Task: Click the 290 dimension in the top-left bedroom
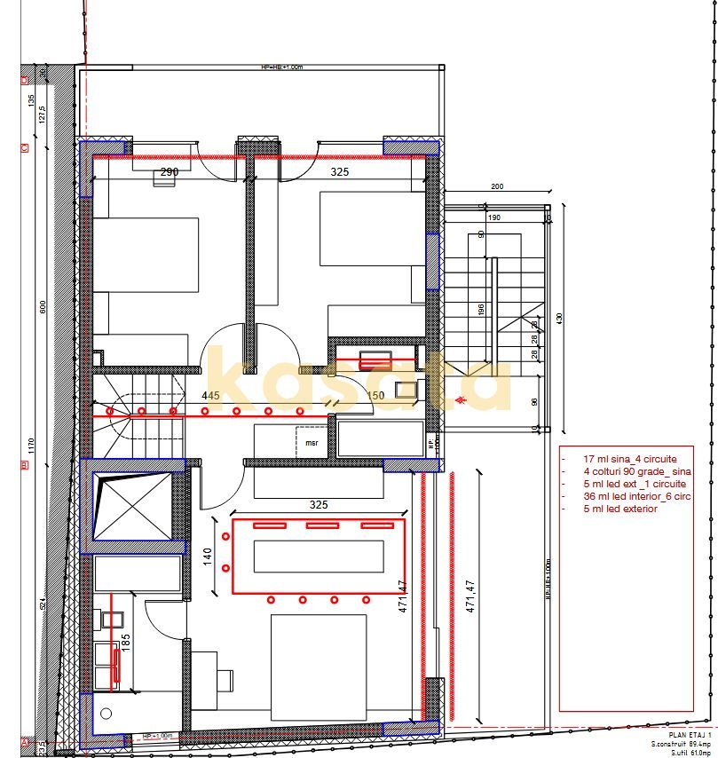click(170, 172)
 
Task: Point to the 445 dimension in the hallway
click(209, 395)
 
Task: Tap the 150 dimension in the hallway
click(375, 395)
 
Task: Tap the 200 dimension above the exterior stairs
click(521, 187)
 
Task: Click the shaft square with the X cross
click(130, 509)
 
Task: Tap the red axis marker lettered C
click(23, 146)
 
